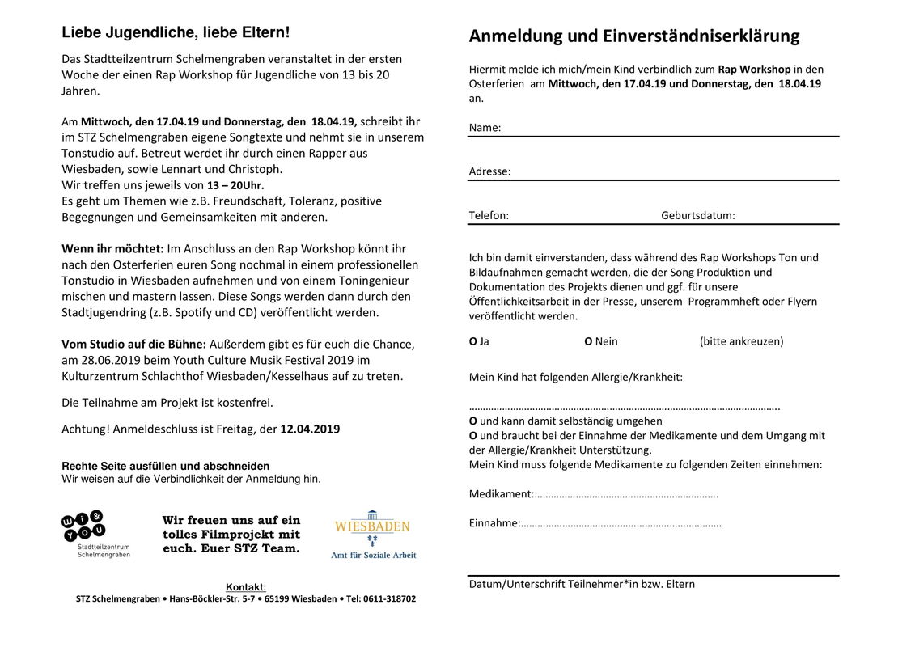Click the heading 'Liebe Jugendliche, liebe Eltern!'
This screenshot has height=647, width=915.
176,33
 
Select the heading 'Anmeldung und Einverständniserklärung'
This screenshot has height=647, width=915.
633,36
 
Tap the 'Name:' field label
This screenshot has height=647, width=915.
485,128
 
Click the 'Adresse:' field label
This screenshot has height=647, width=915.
489,171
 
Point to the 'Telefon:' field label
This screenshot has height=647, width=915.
489,215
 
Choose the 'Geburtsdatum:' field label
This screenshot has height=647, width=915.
697,215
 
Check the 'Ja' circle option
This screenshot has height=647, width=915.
473,341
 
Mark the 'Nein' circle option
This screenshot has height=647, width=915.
588,341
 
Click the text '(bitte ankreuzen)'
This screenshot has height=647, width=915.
741,341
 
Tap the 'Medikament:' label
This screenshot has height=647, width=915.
501,494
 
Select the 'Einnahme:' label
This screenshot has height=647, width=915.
494,523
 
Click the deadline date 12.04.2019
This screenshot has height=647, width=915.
310,429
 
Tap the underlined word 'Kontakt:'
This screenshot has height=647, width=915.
245,587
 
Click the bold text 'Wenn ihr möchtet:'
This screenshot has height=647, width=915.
112,248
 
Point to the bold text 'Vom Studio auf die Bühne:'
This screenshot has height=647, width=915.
134,344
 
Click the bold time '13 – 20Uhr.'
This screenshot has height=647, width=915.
235,185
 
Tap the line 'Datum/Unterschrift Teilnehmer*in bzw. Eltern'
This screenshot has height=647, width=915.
582,584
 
